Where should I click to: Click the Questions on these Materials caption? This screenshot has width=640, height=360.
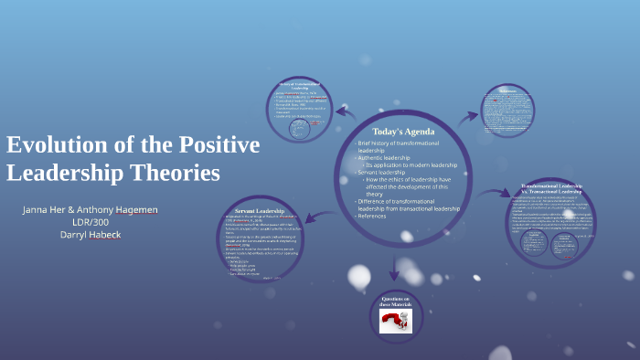coord(395,302)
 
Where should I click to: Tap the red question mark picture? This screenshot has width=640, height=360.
coord(395,321)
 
